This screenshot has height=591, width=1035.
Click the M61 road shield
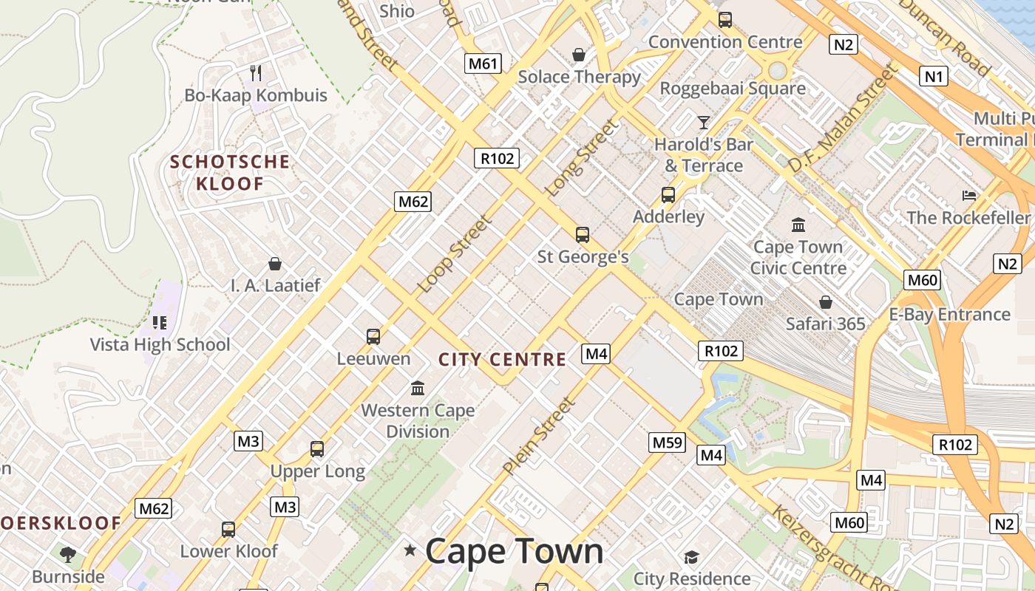pos(483,64)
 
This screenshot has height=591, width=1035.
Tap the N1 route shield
pos(934,75)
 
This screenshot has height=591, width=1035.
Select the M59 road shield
pos(668,443)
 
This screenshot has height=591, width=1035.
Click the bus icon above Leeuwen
pos(373,337)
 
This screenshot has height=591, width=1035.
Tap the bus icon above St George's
pos(583,235)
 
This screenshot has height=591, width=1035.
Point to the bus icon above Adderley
pos(668,195)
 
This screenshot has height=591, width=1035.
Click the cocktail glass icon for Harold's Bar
pos(703,122)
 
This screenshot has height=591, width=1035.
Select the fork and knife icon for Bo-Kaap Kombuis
pos(256,72)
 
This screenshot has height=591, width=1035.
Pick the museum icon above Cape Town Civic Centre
pos(798,225)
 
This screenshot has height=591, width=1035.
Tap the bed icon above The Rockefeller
pos(969,196)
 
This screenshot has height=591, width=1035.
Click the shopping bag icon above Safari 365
pos(825,302)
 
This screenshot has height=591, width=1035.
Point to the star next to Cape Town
pos(410,550)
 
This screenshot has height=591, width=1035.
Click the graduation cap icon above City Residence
pos(691,557)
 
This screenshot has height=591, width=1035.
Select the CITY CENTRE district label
pos(502,360)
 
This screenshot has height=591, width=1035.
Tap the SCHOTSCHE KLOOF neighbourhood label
pos(230,173)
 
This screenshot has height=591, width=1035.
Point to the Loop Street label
pos(454,253)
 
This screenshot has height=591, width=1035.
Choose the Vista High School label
pos(160,344)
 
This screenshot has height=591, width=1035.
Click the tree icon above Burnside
pos(68,554)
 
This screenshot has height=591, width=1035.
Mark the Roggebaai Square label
pos(733,89)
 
